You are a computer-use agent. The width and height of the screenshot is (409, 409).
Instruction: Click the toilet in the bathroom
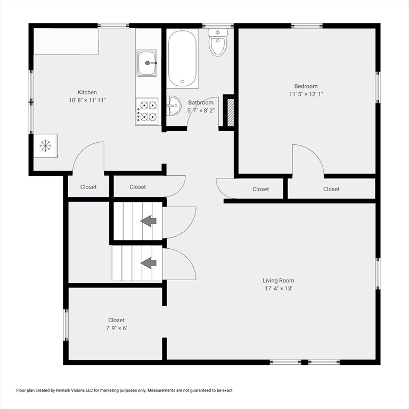218,43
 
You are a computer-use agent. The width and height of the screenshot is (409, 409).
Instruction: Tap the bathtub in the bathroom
182,59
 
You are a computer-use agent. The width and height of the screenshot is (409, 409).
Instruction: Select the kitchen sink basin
147,63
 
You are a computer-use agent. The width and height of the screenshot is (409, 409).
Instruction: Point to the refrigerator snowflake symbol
45,145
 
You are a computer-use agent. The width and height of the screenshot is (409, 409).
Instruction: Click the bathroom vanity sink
174,106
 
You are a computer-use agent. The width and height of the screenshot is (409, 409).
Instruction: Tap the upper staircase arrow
149,221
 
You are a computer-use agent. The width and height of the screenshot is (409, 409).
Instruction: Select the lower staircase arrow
149,263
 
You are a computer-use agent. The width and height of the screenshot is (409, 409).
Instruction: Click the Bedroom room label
306,86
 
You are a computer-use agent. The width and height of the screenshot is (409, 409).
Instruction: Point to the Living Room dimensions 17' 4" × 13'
279,289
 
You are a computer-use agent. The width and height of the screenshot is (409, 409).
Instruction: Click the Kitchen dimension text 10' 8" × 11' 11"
87,100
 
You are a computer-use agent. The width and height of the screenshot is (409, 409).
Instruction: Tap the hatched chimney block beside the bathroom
231,113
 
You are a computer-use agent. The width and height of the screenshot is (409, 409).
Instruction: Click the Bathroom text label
201,102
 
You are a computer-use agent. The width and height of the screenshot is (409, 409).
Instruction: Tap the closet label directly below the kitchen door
88,187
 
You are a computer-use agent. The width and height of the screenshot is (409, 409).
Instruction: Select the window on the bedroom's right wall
378,87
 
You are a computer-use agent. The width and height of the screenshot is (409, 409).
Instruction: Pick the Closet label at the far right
331,189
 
